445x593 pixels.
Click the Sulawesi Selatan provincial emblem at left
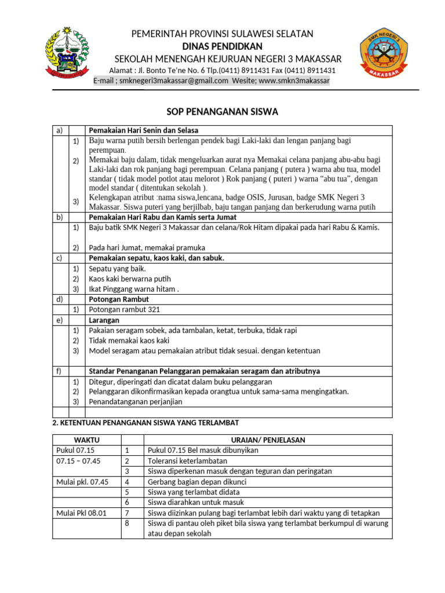[68, 54]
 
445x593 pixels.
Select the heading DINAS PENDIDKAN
[222, 46]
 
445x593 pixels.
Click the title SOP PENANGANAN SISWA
[222, 112]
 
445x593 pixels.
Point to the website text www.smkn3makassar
[294, 81]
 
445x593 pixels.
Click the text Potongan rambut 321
[124, 310]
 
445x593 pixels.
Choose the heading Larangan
[104, 320]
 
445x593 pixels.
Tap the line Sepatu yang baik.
[118, 269]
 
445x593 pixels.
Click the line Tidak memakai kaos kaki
[129, 341]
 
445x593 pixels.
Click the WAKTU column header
[86, 440]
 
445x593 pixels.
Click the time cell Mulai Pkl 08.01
[82, 513]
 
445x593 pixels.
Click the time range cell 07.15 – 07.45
[78, 461]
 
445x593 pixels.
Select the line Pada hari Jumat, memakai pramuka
[147, 248]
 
